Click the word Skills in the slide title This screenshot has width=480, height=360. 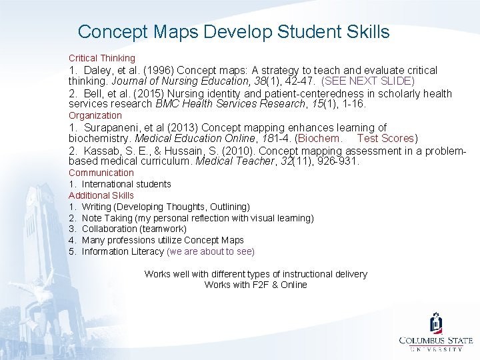coord(365,31)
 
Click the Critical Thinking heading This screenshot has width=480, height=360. coord(101,58)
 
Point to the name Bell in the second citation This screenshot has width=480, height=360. coord(95,94)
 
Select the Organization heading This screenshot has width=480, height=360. coord(95,115)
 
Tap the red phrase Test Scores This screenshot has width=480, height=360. coord(385,139)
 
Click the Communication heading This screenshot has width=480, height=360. coord(101,173)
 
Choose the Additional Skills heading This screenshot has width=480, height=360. coord(101,195)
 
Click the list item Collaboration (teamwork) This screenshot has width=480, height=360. coord(134,229)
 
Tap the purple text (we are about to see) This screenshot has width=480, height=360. coord(211,251)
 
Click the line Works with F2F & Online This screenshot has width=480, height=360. coord(255,285)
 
